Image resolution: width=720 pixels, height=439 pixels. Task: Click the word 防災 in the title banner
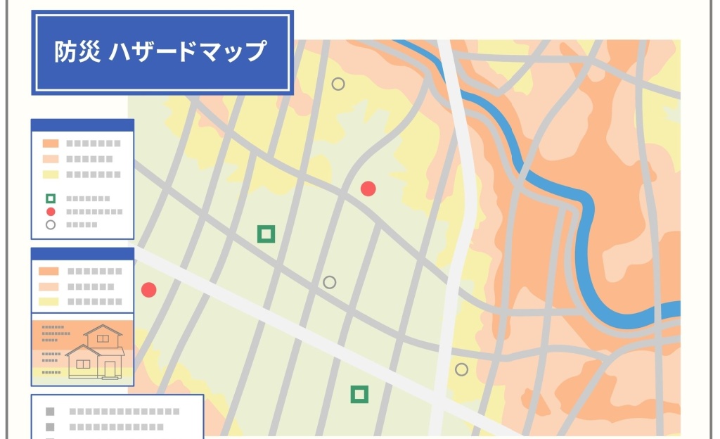(x=78, y=52)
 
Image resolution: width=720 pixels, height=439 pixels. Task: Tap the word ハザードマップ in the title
(x=188, y=52)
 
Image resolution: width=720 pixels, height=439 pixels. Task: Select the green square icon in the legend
(x=51, y=198)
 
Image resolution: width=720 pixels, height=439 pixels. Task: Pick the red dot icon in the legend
(x=51, y=211)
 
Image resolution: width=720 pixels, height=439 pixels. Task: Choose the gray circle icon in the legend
(x=51, y=224)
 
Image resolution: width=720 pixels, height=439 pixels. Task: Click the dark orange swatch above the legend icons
(x=51, y=144)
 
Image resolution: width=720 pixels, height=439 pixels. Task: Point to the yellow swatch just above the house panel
(x=49, y=302)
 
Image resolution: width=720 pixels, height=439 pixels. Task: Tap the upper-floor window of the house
(x=103, y=339)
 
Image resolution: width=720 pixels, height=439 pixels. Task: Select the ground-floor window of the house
(x=84, y=364)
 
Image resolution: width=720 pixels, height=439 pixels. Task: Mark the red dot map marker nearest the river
(x=368, y=189)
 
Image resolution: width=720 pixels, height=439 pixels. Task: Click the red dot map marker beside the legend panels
(x=148, y=290)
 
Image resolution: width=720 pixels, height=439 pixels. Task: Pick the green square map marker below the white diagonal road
(x=359, y=395)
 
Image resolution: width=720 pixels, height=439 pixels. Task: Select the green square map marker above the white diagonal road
(x=266, y=234)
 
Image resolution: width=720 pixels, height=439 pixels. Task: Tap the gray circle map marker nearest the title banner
(x=338, y=84)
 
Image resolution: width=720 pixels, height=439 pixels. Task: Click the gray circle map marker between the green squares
(x=329, y=282)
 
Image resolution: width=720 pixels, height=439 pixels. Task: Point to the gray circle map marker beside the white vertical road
(x=461, y=369)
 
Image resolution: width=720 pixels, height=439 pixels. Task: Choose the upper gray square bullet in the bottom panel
(x=50, y=412)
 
